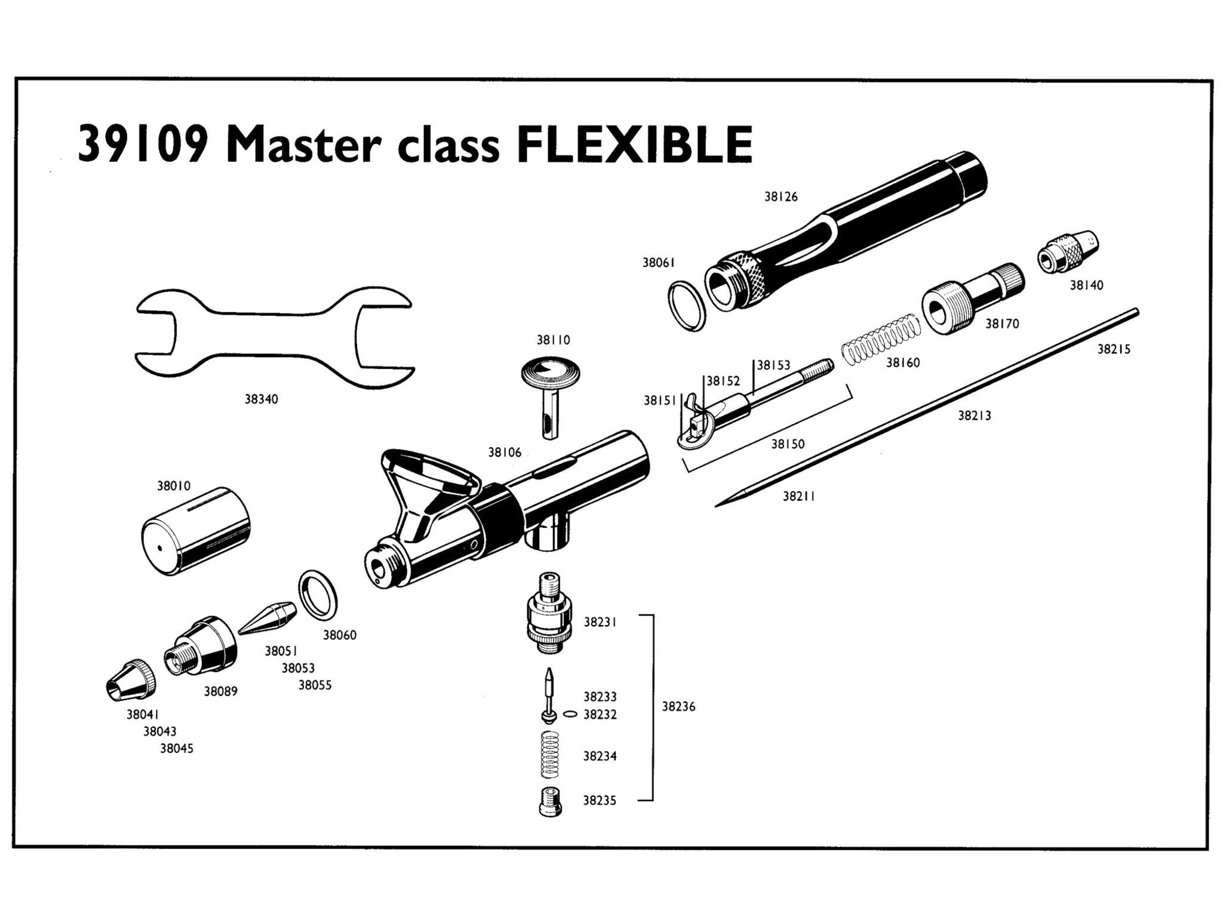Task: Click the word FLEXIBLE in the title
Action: (634, 144)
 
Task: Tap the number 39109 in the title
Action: (143, 144)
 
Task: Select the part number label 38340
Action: (261, 399)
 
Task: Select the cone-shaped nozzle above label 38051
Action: (269, 618)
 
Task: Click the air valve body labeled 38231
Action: (549, 614)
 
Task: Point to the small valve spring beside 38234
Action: (549, 755)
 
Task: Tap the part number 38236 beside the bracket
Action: (678, 707)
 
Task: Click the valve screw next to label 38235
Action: (549, 801)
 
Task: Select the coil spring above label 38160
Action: (881, 338)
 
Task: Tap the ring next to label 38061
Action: (687, 306)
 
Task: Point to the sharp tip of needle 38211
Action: (718, 506)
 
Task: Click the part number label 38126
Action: (780, 197)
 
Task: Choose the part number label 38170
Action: (1002, 324)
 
